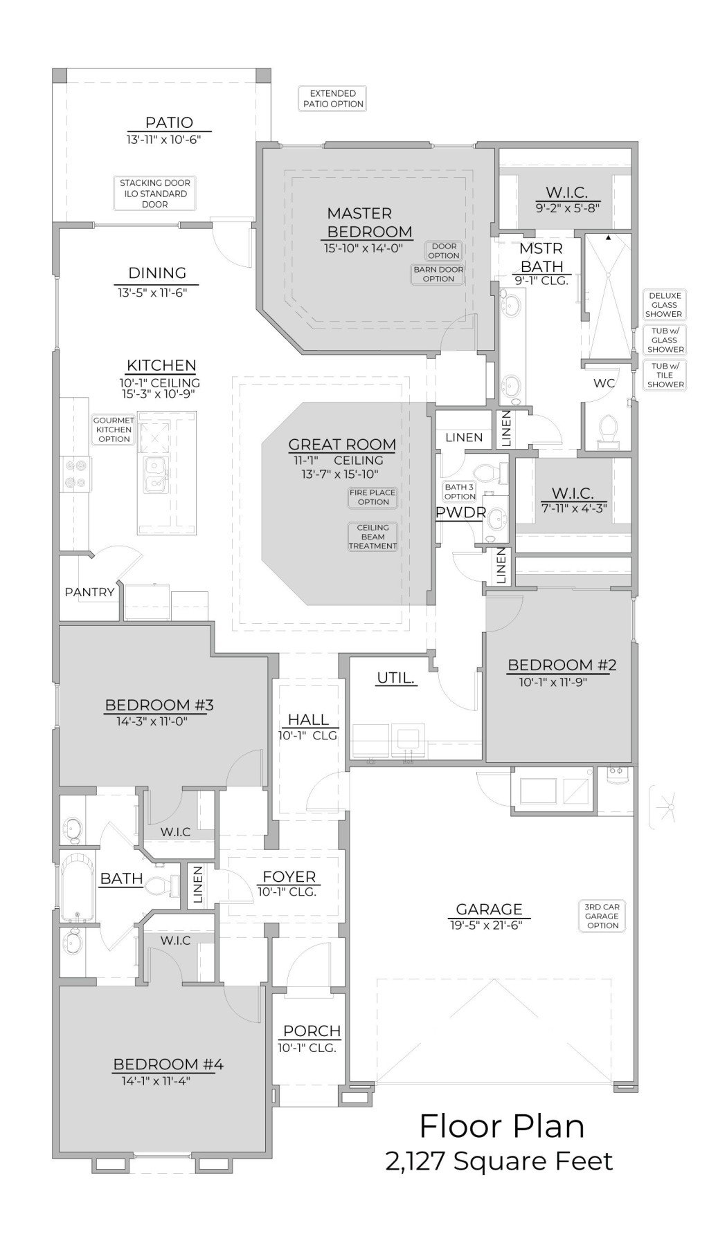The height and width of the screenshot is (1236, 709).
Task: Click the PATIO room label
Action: pyautogui.click(x=169, y=122)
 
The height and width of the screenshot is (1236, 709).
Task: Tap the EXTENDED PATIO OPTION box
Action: pyautogui.click(x=332, y=98)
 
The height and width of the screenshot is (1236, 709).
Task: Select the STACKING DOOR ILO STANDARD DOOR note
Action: pyautogui.click(x=154, y=193)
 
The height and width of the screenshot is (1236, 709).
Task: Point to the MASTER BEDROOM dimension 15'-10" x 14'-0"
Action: pyautogui.click(x=363, y=248)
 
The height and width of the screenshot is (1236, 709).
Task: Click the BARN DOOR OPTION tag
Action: pyautogui.click(x=438, y=274)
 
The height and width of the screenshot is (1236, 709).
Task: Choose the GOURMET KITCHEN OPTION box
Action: pyautogui.click(x=114, y=430)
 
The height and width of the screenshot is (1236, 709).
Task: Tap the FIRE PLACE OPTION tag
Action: pyautogui.click(x=373, y=497)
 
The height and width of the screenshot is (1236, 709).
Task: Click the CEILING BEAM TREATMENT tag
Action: pyautogui.click(x=373, y=537)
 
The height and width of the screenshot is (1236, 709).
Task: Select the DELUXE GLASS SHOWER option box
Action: pyautogui.click(x=664, y=305)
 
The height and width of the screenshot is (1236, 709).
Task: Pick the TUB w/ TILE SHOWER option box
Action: pyautogui.click(x=665, y=376)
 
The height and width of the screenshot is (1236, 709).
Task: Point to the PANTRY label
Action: pyautogui.click(x=89, y=592)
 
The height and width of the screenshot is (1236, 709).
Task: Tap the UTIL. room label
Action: pyautogui.click(x=396, y=678)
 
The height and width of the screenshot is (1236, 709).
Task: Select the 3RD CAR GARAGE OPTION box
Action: pyautogui.click(x=602, y=916)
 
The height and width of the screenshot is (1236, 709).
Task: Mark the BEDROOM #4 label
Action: pyautogui.click(x=168, y=1064)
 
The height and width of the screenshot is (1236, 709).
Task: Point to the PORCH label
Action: pyautogui.click(x=312, y=1031)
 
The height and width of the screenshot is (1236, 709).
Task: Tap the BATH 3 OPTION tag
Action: pyautogui.click(x=460, y=492)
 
